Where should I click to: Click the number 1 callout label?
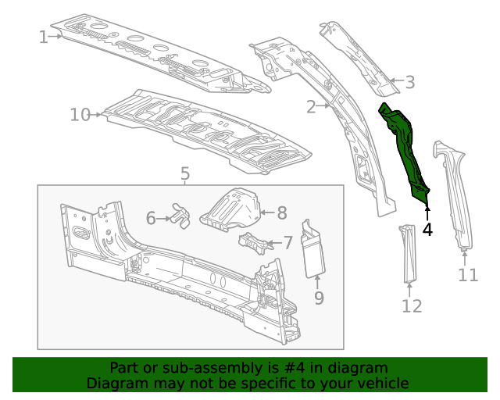[43, 36]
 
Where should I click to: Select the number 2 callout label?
[311, 106]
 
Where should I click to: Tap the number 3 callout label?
[409, 82]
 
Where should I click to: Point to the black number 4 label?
[427, 230]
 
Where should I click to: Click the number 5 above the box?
[184, 173]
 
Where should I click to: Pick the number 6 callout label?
[151, 218]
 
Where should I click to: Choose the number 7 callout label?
[287, 243]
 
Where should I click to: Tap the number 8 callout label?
[282, 212]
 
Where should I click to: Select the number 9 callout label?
[319, 297]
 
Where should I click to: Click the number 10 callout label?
[80, 115]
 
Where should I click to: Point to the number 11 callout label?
[467, 274]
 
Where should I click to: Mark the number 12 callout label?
[412, 305]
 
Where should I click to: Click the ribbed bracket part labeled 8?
[231, 208]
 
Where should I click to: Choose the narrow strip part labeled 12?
[409, 253]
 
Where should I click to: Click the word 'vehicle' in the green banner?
[383, 383]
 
